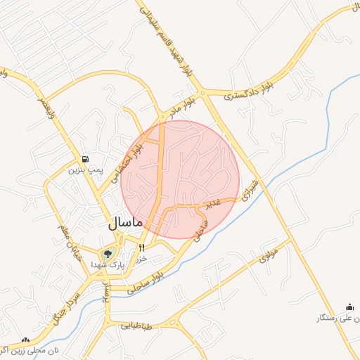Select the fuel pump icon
pos(85,159)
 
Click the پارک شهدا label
pos(108,265)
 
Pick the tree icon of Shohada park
pos(108,254)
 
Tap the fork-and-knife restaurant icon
pos(142,247)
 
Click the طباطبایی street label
pos(136,326)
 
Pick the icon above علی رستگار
pos(349,307)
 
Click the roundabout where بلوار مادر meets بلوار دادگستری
pos(202,92)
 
